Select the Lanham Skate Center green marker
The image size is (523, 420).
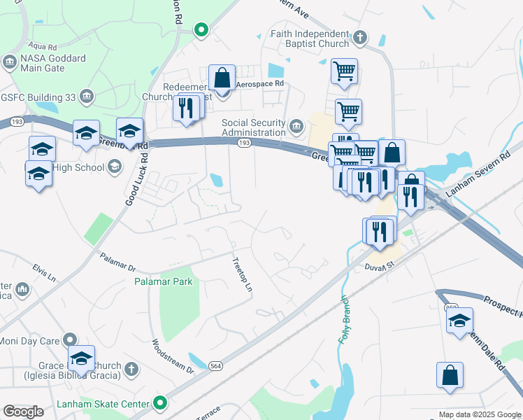point(161,403)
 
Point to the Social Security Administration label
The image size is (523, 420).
point(254,128)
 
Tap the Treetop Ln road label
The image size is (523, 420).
point(242,274)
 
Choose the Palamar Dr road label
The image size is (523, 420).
point(117,262)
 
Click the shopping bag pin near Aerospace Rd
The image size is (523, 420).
point(222,79)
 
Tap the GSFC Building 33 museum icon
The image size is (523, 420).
point(87,96)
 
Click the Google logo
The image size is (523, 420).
point(24,412)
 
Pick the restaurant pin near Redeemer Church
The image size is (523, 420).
point(185,108)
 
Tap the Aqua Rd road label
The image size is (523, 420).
point(43,47)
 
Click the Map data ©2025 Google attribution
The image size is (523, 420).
point(479,414)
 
